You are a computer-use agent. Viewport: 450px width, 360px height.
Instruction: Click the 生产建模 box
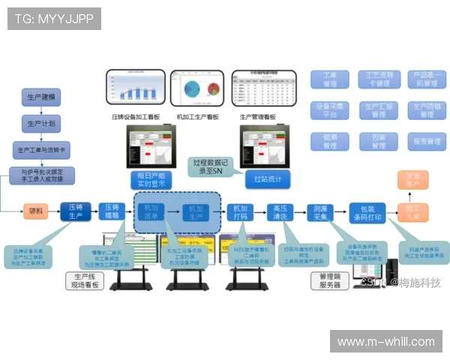(x=40, y=97)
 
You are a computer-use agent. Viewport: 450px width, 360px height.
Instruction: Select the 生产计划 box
(x=40, y=123)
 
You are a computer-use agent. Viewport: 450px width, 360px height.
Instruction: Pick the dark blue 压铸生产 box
(x=76, y=211)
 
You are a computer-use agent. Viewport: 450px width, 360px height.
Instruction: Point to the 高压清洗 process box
(x=281, y=212)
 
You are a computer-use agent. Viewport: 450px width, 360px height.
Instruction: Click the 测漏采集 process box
(x=322, y=212)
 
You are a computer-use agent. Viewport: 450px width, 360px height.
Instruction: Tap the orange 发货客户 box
(x=412, y=180)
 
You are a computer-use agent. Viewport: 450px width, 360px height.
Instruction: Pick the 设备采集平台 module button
(x=329, y=110)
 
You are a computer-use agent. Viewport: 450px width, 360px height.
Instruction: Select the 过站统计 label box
(x=267, y=179)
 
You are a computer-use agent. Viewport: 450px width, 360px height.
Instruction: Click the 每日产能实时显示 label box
(x=150, y=179)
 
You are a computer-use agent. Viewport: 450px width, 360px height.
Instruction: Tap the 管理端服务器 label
(x=329, y=280)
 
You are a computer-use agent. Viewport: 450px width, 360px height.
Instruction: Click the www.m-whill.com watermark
(x=385, y=342)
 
